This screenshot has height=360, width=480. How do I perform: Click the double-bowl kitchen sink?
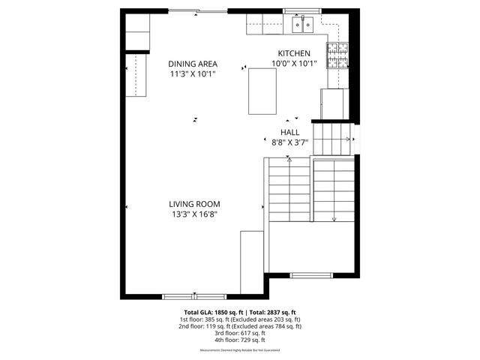(303, 26)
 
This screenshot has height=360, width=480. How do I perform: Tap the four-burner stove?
(336, 55)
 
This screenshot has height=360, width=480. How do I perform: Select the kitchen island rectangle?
(262, 90)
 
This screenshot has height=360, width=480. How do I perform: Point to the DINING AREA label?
(192, 64)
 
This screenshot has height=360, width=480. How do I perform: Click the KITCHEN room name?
(294, 53)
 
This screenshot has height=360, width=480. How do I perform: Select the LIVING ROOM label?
(194, 204)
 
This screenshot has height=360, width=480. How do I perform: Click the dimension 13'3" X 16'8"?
(194, 214)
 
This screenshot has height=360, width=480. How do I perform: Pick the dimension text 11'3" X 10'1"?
(192, 73)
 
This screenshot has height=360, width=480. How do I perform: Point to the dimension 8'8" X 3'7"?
(289, 141)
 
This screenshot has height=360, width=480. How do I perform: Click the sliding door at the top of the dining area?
(198, 10)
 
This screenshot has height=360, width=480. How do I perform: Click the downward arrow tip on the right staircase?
(334, 220)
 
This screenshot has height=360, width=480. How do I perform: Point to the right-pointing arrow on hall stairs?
(349, 139)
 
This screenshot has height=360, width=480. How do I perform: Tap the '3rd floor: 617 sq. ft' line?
(240, 333)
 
